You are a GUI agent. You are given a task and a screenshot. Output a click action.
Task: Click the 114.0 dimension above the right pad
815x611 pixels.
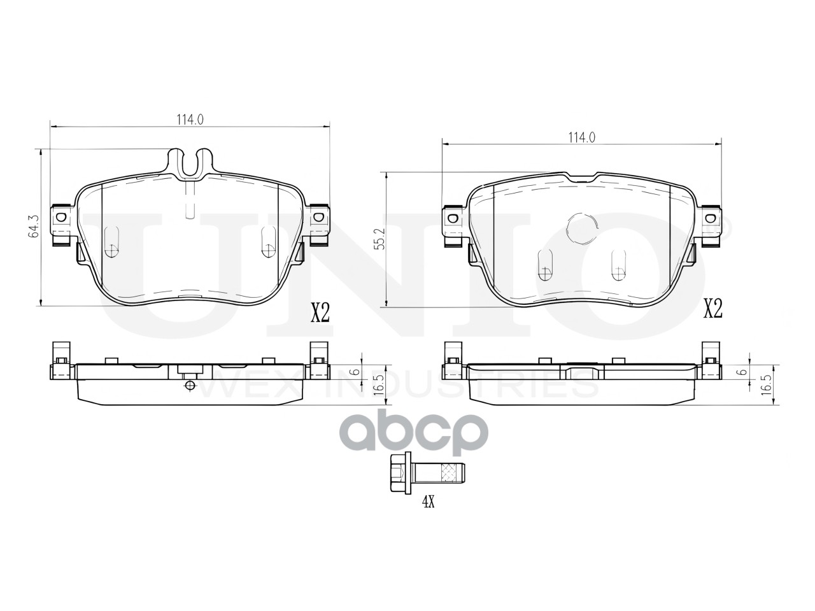(582, 137)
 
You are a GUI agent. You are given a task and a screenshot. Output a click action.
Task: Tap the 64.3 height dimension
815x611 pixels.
(34, 227)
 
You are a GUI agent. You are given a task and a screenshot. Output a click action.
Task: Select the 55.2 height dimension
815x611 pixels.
(381, 239)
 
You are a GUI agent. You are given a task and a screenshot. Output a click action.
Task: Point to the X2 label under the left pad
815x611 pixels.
(320, 313)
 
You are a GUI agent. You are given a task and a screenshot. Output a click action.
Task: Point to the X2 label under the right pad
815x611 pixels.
(713, 308)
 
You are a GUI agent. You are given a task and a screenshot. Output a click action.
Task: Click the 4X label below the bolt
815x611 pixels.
(428, 502)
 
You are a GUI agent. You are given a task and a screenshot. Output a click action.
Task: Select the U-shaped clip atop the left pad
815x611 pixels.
(190, 162)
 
